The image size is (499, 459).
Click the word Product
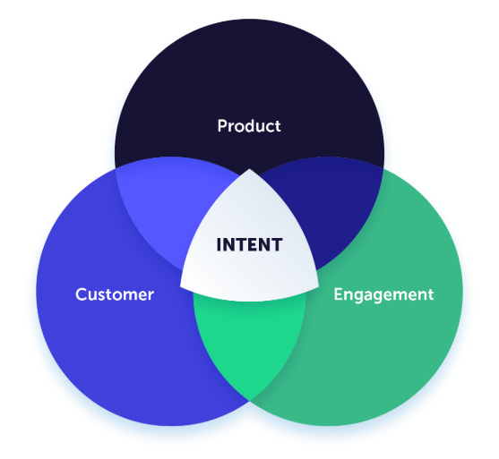(x=249, y=126)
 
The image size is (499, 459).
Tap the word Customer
(x=115, y=294)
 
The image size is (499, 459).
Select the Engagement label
(x=383, y=295)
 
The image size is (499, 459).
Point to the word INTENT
(x=249, y=245)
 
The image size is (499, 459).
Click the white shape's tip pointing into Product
(x=249, y=169)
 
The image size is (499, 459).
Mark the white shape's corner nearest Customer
(x=181, y=286)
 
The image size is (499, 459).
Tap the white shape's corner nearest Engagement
(x=318, y=286)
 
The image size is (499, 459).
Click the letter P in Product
(x=222, y=126)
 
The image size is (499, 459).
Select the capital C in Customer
(x=82, y=294)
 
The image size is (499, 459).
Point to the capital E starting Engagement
(x=339, y=294)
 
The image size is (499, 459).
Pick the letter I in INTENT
(x=219, y=245)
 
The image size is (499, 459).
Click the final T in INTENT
(x=276, y=245)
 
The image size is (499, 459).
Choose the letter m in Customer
(x=133, y=296)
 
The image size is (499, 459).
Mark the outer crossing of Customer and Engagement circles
(x=249, y=401)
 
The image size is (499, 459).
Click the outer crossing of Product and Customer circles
(x=116, y=168)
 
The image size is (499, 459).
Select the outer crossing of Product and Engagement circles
(x=383, y=168)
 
